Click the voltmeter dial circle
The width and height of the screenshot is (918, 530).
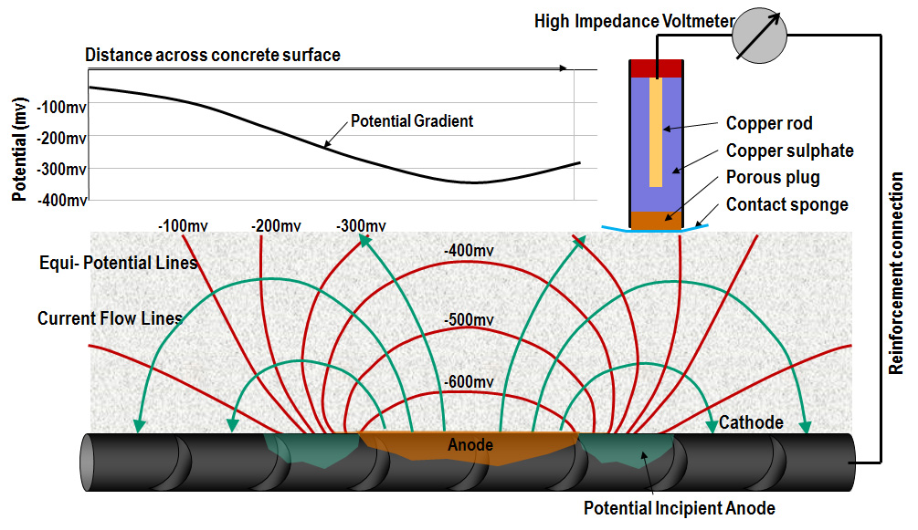pos(759,36)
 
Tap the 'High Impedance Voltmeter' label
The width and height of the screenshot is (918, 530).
pos(635,22)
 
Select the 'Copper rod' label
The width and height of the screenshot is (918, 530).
pos(769,123)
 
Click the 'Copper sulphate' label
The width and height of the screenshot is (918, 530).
pos(790,151)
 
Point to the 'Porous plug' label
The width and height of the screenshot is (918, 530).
pos(773,177)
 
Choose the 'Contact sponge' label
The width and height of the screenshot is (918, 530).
pos(786,204)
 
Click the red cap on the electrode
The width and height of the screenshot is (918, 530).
pos(656,68)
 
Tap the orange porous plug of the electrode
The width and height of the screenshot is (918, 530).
pos(656,220)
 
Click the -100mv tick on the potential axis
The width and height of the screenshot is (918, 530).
pos(61,108)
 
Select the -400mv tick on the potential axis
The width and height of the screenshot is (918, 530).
pos(61,200)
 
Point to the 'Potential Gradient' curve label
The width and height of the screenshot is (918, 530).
pos(412,121)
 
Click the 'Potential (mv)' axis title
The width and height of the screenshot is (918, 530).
pos(19,150)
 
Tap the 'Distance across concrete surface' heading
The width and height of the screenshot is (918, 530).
pos(213,55)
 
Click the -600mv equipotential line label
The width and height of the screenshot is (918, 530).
pos(469,382)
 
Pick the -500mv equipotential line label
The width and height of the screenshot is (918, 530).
pos(469,320)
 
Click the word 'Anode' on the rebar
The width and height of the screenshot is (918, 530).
pos(470,445)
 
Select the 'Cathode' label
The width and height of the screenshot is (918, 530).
pos(751,422)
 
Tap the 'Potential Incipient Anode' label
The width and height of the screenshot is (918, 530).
pos(679,508)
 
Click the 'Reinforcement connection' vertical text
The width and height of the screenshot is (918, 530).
pos(896,273)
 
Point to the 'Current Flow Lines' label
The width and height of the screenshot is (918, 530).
pos(110,318)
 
